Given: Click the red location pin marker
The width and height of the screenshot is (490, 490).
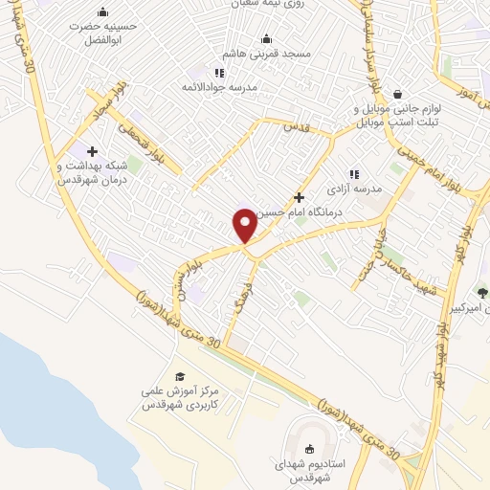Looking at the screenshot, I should [245, 225].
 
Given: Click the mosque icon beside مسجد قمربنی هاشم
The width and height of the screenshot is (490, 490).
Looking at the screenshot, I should [266, 38].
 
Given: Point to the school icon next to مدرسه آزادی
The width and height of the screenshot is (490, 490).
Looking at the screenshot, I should [354, 174].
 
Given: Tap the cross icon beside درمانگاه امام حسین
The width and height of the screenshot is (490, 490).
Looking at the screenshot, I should [300, 196].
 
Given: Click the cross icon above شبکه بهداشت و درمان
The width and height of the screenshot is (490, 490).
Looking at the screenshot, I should [92, 151].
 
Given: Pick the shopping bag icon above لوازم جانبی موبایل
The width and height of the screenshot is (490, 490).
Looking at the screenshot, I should [396, 94].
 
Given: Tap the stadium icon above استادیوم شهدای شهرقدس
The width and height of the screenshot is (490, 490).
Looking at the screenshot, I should [309, 450].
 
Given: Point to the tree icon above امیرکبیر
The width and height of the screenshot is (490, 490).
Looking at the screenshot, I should [481, 293].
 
